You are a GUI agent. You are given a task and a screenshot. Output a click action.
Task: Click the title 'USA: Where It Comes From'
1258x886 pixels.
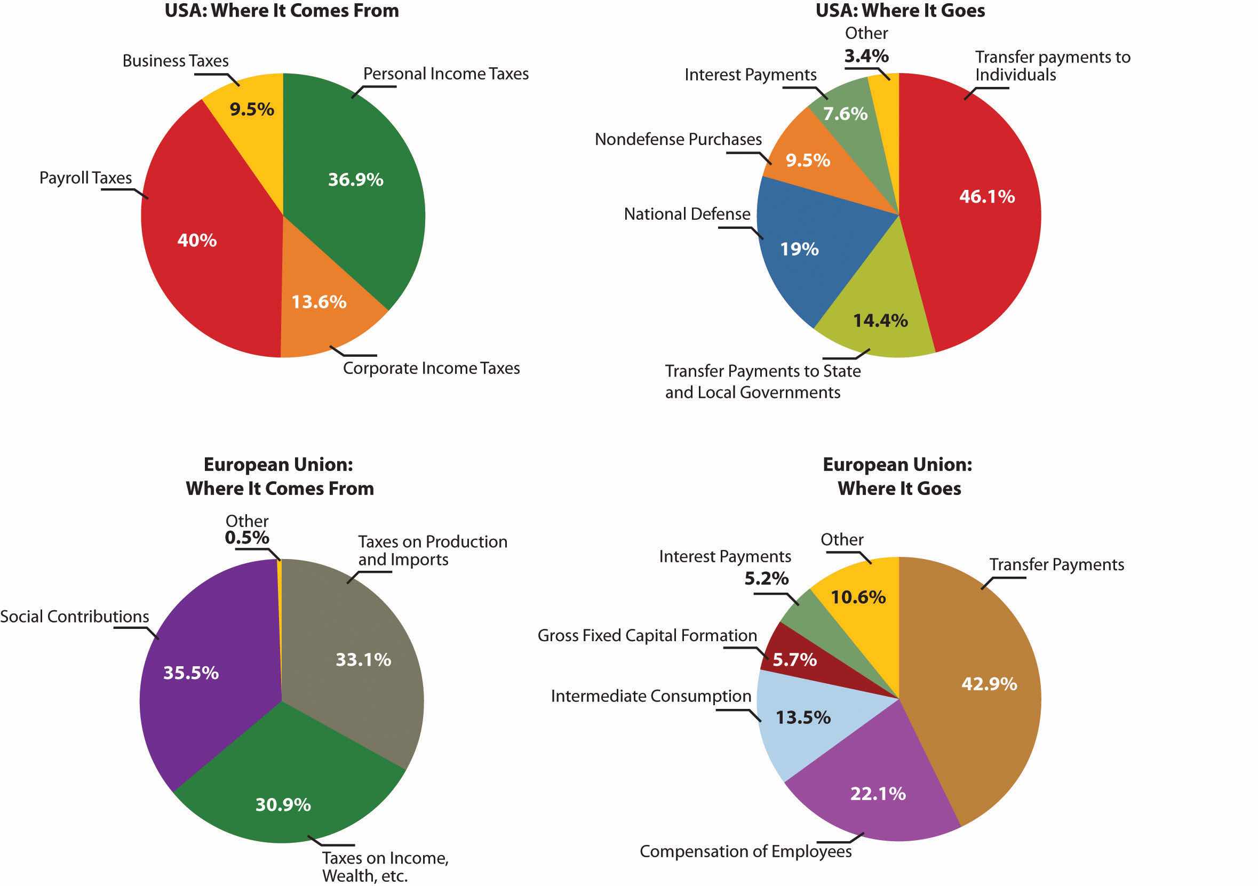(x=282, y=11)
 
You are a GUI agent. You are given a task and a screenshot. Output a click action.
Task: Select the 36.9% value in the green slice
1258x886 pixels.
(x=356, y=180)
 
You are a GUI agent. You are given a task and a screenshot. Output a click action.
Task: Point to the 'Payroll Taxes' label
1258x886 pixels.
(x=85, y=178)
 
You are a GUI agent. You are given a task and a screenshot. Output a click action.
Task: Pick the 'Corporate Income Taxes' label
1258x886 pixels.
(x=431, y=368)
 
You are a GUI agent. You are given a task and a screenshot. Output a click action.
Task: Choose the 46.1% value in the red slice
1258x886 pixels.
(x=987, y=197)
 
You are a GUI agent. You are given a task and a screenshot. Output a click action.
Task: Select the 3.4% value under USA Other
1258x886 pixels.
(x=866, y=56)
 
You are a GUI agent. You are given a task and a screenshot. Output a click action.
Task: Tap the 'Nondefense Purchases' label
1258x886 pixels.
(x=678, y=140)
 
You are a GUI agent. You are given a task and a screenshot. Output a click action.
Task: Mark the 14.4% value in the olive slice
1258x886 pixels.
(x=880, y=321)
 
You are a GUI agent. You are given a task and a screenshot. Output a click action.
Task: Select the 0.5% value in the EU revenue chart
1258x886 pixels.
(x=246, y=538)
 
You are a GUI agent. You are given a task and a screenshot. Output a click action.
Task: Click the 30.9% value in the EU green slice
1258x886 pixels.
(x=283, y=804)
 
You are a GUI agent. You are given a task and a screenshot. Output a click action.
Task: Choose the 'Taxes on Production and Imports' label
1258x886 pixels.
(x=432, y=550)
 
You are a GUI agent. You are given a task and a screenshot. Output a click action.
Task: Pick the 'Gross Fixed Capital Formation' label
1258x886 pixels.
(x=647, y=636)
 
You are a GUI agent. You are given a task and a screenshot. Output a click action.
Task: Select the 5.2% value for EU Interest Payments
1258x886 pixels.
(x=766, y=579)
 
